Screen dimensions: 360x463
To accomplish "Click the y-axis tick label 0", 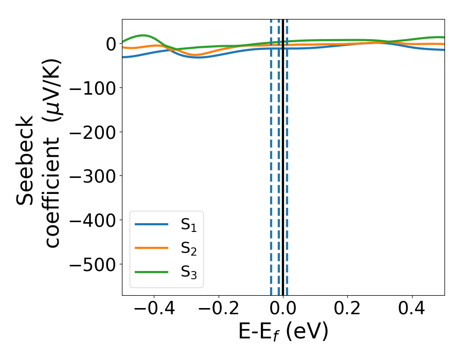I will tap(111, 44).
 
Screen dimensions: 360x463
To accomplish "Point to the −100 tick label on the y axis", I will tap(94, 88).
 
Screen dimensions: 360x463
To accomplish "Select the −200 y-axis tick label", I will tap(94, 132).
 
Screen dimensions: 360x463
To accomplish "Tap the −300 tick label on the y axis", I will tap(94, 176).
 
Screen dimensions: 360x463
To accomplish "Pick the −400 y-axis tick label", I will tap(94, 220).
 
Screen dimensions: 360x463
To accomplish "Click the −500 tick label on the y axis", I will tap(94, 264).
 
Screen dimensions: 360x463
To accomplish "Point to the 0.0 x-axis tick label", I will tap(283, 310).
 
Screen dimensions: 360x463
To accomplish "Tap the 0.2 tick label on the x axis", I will tap(348, 310).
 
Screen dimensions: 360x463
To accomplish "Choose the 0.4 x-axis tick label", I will tap(412, 310).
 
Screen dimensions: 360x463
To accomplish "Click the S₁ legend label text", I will tap(189, 225).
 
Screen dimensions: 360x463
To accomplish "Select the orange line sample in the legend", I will tap(151, 248).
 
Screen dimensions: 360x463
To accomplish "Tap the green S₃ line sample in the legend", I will tap(151, 272).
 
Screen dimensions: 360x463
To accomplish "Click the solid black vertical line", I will tap(283, 154).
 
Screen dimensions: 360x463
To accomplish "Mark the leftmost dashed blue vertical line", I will tap(271, 154).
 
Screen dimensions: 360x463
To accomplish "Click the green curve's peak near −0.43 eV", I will tap(144, 35).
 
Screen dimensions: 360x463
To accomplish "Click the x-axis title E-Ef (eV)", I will tap(283, 333).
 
